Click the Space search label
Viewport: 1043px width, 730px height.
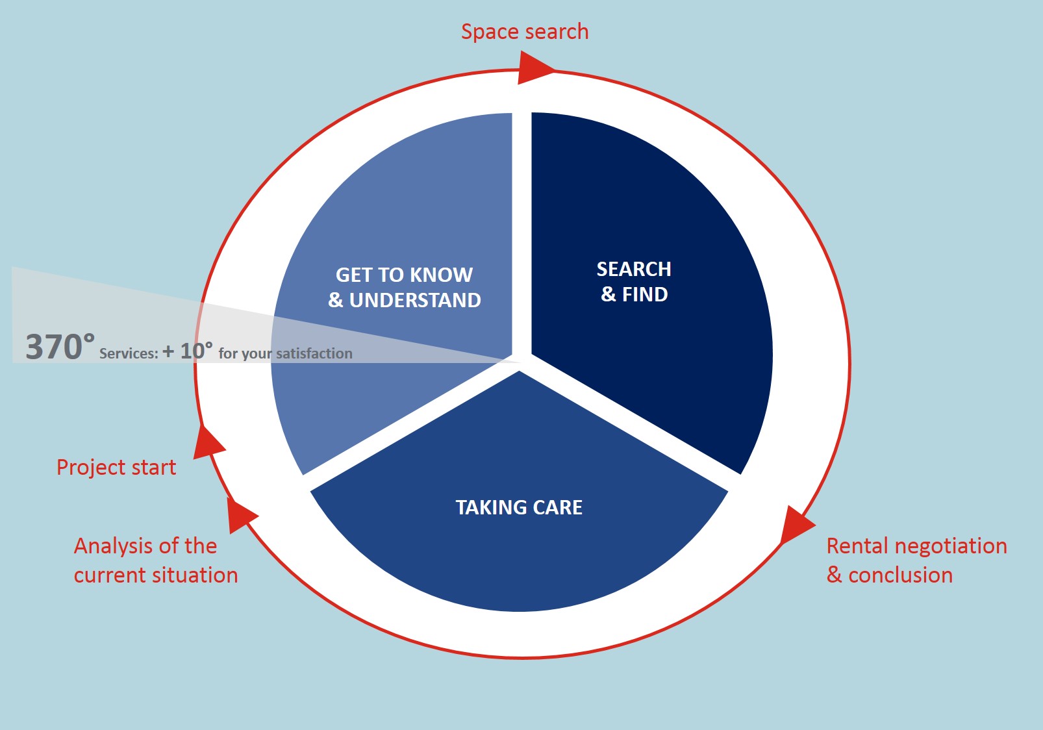tap(525, 32)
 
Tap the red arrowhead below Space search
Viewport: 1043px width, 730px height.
tap(534, 68)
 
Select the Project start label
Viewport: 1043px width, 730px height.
tap(116, 468)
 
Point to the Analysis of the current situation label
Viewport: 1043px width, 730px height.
tap(156, 560)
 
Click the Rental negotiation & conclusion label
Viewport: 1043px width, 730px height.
tap(917, 560)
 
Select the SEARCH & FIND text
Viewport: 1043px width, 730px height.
tap(635, 282)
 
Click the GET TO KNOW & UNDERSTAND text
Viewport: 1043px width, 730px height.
tap(405, 288)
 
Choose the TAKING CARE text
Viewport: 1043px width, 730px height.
tap(519, 507)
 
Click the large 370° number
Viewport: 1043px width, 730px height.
tap(60, 346)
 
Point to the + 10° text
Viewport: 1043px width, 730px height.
tap(188, 351)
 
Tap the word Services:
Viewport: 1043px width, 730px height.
tap(129, 354)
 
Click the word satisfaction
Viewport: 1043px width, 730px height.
tap(314, 354)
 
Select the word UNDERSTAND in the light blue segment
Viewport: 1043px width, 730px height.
tap(416, 300)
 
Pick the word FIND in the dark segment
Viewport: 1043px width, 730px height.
tap(646, 294)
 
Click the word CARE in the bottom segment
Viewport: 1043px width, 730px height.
tap(557, 507)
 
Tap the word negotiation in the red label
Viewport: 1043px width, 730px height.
tap(951, 547)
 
